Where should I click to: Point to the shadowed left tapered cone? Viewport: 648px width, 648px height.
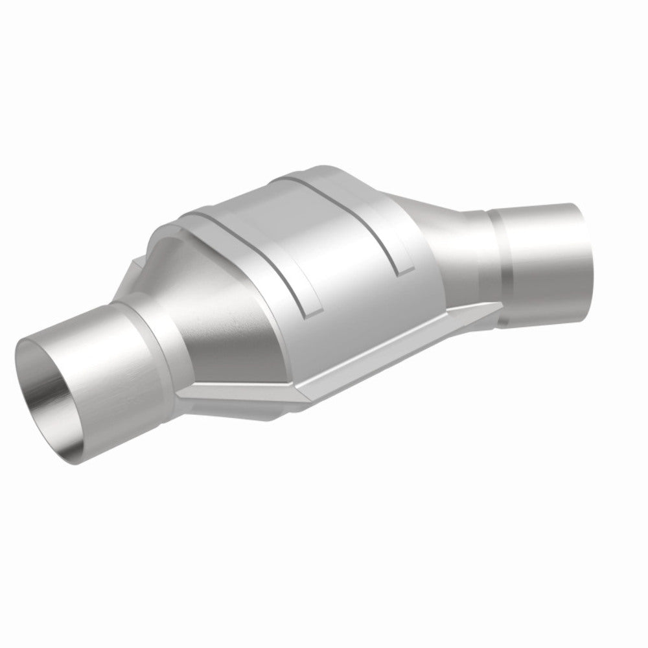[x=188, y=337]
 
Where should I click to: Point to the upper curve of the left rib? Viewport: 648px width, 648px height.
[x=214, y=214]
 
